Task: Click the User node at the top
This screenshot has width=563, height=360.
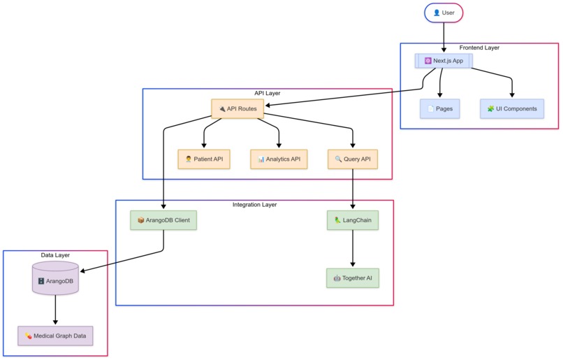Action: tap(444, 13)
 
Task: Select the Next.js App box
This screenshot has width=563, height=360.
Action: tap(444, 61)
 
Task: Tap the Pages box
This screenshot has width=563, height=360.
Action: tap(439, 109)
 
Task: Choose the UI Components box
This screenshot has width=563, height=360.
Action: tap(512, 109)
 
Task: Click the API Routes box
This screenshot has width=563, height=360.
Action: tap(237, 108)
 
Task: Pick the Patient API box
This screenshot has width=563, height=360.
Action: tap(204, 159)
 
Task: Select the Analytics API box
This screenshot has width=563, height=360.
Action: tap(279, 159)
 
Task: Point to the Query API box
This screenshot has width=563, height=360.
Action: tap(352, 159)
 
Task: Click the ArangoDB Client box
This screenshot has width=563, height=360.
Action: tap(163, 220)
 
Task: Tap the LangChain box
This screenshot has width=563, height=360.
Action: tap(352, 220)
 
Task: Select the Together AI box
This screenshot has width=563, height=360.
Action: tap(352, 278)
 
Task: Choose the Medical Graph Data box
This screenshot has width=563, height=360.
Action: tap(55, 336)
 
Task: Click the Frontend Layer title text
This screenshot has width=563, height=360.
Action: tap(479, 48)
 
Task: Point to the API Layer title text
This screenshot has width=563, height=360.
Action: tap(268, 92)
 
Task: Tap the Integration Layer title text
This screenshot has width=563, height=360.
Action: tap(254, 205)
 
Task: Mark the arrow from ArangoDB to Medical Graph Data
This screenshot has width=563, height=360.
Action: tap(55, 310)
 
